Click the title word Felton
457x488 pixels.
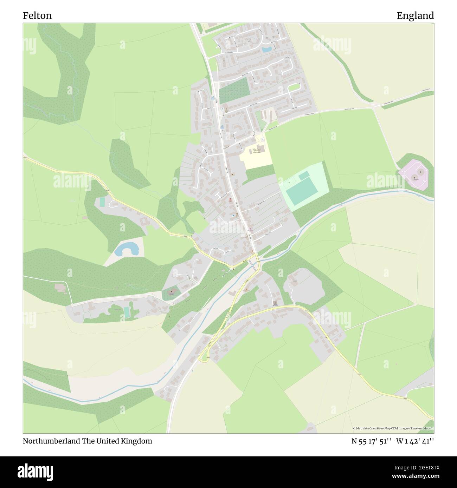click(x=37, y=15)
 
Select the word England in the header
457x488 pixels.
click(x=415, y=15)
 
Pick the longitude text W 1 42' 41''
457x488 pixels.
click(x=415, y=441)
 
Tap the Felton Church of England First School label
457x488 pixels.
click(x=256, y=151)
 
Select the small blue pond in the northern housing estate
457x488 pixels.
click(x=266, y=50)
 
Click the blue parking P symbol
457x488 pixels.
click(x=222, y=109)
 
